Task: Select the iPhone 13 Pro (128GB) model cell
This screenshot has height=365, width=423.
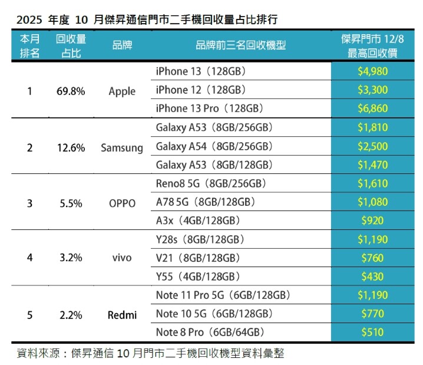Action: (209, 109)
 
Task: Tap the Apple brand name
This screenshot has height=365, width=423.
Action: (122, 91)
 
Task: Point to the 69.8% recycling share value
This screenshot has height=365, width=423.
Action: (71, 91)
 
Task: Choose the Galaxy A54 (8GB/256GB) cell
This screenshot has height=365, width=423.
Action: (214, 146)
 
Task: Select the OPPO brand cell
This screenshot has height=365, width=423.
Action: (122, 203)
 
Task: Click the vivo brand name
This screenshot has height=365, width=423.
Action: (122, 258)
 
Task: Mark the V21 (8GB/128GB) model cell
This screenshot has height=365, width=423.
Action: (197, 258)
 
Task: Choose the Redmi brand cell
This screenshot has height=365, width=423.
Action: (122, 315)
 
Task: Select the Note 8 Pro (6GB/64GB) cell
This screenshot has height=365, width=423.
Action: (209, 331)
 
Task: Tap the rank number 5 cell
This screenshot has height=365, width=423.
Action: (30, 315)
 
